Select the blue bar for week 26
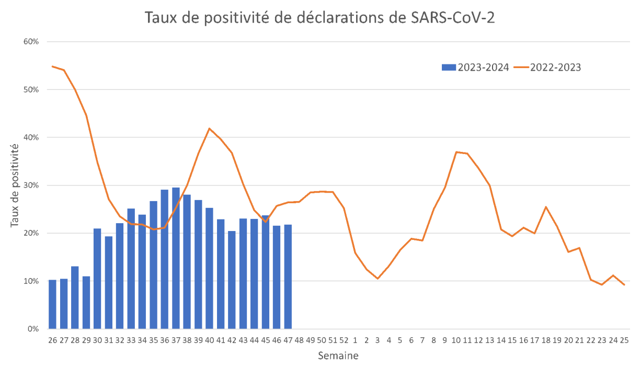click(52, 304)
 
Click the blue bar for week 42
click(232, 280)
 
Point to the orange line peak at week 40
click(209, 128)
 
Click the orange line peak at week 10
click(456, 152)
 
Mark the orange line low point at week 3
click(378, 278)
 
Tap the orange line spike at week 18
click(546, 207)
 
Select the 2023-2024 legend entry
click(475, 68)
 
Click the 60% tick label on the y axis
click(31, 42)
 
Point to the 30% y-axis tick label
click(31, 185)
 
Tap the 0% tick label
click(33, 329)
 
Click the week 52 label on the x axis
click(344, 340)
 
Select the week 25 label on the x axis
click(623, 340)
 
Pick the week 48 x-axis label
click(299, 340)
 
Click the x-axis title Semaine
click(338, 356)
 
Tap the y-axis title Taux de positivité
click(16, 185)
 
